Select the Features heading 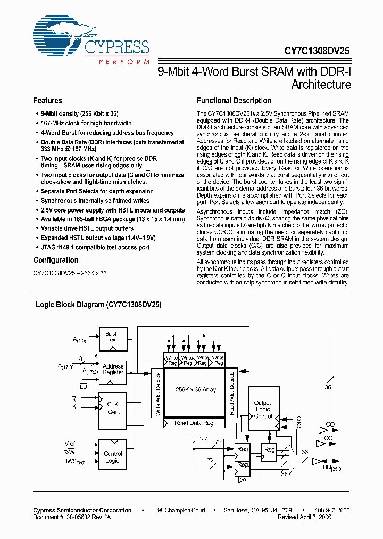point(47,101)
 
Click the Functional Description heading point(234,101)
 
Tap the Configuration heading point(56,260)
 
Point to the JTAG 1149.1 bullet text point(95,248)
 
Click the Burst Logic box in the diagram point(111,337)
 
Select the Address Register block point(113,370)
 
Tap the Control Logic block point(113,457)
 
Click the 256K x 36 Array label point(195,390)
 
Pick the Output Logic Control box point(263,409)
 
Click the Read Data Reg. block point(195,423)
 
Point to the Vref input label point(70,444)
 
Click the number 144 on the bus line point(203,440)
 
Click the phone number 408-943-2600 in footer point(330,510)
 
